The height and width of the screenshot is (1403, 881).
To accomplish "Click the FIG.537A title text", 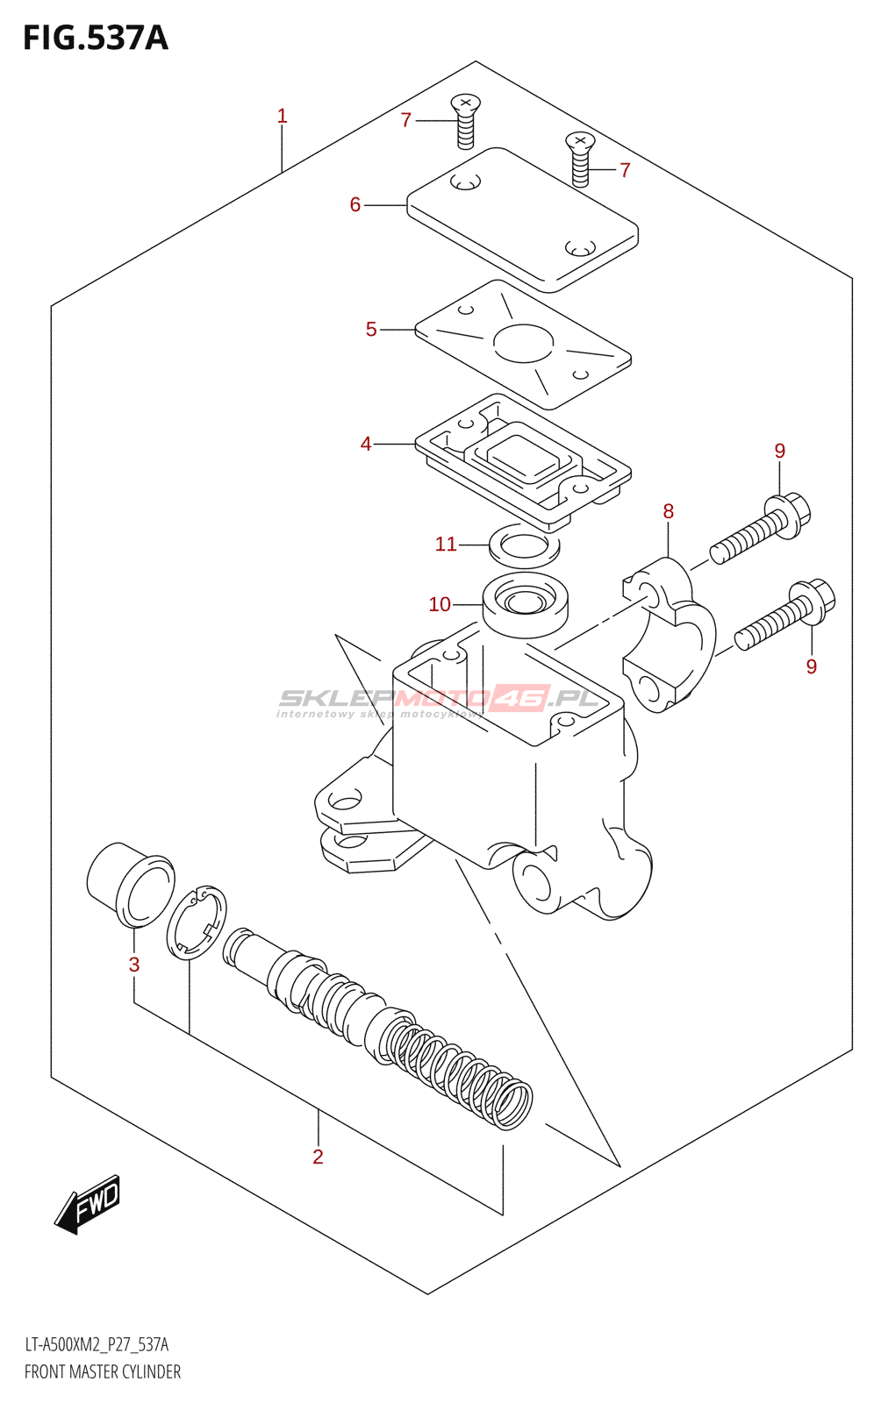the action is coord(95,38).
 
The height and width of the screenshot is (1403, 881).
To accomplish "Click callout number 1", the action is coord(282,116).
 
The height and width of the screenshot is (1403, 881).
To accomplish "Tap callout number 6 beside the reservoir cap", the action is coord(355,204).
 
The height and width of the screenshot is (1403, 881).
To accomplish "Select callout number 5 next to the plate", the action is coord(371,329).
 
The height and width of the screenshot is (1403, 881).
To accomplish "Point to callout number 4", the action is coord(366,444).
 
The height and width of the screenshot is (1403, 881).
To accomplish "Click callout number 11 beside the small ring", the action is coord(446,544).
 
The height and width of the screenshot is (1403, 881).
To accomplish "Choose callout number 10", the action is coord(440,604).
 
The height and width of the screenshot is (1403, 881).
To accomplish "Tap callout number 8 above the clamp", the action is coord(669,511).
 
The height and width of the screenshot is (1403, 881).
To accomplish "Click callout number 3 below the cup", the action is coord(134,965).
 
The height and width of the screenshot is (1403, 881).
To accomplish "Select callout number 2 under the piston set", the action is coord(318,1157).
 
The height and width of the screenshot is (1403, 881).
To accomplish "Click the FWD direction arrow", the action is coord(88,1204).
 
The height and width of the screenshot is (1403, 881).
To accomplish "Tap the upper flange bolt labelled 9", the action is coord(760,528).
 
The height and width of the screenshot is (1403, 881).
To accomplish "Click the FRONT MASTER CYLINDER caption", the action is coord(103,1371).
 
